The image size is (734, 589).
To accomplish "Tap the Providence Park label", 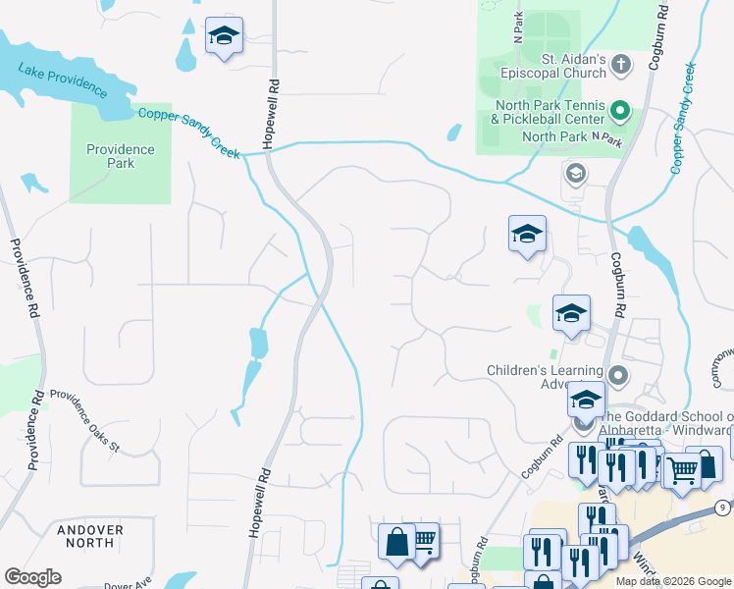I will [x=120, y=156].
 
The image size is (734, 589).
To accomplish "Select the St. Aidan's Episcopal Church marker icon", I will [x=620, y=66].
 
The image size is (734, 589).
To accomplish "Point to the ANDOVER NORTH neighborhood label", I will [x=90, y=536].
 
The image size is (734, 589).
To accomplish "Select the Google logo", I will [x=32, y=577].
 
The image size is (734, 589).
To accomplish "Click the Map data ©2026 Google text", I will [x=672, y=581].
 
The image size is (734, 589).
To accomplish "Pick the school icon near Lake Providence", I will [x=224, y=37].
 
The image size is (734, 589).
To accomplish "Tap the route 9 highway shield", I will [x=722, y=508].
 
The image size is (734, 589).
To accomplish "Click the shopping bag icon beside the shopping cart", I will [x=396, y=541].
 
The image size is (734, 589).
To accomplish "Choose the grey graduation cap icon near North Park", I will [x=575, y=175].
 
